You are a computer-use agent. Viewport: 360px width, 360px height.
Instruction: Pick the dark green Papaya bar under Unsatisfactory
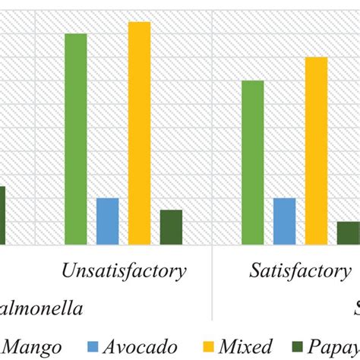(x=171, y=227)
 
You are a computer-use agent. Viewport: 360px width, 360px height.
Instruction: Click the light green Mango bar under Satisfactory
(x=253, y=163)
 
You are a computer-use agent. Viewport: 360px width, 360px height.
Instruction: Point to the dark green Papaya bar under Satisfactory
(x=348, y=233)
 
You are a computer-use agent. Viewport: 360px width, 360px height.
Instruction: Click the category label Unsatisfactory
(x=124, y=271)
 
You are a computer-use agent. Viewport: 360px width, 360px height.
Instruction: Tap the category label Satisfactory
(x=300, y=271)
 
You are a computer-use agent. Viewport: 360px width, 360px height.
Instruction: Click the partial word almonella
(x=41, y=308)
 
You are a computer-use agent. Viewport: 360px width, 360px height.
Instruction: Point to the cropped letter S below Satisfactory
(x=355, y=308)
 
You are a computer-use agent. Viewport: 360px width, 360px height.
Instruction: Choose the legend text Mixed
(x=247, y=347)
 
